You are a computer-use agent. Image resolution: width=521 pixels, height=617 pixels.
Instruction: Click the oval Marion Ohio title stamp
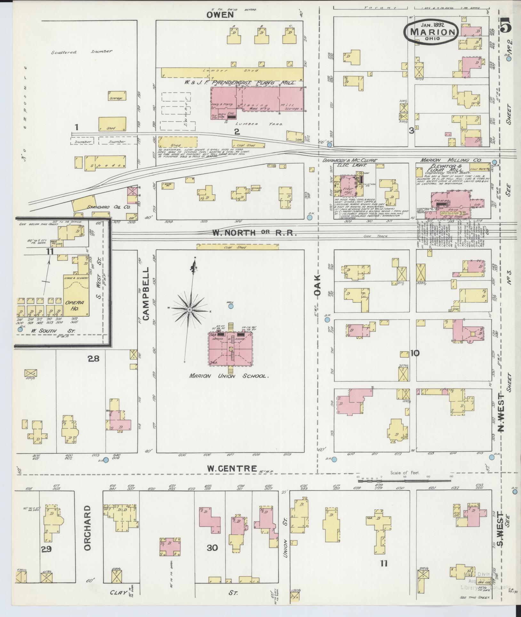432,31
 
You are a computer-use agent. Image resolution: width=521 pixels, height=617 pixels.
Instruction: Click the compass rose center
189,310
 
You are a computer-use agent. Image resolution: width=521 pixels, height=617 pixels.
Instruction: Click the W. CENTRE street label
232,468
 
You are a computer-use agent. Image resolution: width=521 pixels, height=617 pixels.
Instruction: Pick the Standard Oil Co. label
108,207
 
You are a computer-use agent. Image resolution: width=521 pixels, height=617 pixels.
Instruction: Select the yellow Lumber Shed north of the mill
232,72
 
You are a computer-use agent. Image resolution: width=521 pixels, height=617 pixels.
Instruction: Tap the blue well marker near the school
230,306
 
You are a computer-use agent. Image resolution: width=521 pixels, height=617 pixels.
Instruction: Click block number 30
212,548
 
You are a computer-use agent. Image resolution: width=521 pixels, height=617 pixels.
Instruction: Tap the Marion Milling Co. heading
452,160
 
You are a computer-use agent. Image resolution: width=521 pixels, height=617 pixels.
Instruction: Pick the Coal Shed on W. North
238,247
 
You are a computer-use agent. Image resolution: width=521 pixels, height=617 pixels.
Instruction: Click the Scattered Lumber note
82,52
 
